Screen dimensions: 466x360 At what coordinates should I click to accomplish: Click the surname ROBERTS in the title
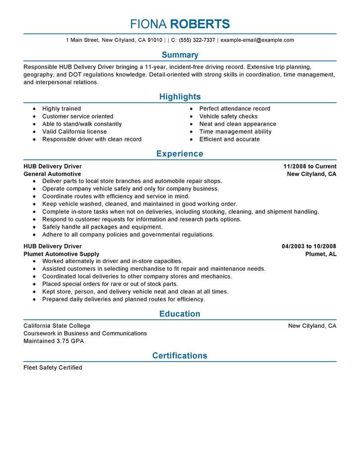[x=202, y=23]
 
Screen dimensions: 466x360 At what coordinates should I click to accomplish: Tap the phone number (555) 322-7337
[x=197, y=40]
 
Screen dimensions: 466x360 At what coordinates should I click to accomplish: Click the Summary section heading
[x=180, y=55]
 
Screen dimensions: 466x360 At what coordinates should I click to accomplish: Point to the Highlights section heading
[x=180, y=97]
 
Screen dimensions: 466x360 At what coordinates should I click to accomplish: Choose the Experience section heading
[x=180, y=154]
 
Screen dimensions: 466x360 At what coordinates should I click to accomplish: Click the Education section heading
[x=180, y=313]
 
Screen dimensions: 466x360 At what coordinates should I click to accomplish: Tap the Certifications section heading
[x=180, y=355]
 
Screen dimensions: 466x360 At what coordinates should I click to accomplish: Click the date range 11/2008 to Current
[x=310, y=166]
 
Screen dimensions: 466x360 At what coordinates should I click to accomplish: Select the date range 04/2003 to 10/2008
[x=309, y=246]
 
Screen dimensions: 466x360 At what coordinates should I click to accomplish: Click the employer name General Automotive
[x=52, y=174]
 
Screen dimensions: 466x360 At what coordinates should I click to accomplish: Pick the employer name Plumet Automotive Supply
[x=61, y=254]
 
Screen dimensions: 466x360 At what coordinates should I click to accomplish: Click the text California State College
[x=57, y=326]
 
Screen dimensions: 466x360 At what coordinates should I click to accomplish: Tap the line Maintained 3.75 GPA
[x=54, y=341]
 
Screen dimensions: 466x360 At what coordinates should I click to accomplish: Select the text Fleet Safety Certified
[x=53, y=368]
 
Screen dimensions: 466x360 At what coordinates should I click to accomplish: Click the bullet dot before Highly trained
[x=34, y=109]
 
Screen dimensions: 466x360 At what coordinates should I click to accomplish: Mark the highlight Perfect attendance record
[x=235, y=109]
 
